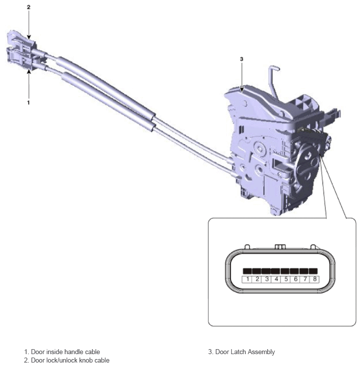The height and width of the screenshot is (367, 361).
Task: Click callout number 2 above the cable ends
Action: point(29,7)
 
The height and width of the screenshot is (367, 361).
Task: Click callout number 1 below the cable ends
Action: point(28,103)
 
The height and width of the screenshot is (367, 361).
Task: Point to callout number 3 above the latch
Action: point(241,59)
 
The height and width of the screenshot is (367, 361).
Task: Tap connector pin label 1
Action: point(247,279)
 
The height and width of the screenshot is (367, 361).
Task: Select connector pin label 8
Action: point(315,279)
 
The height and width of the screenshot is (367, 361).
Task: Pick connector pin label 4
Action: point(276,279)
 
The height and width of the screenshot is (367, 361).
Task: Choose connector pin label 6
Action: point(296,279)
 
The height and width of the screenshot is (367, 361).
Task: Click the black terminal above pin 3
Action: point(266,271)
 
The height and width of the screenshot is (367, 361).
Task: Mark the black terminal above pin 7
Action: point(304,271)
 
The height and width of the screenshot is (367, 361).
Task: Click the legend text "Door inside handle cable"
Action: point(65,352)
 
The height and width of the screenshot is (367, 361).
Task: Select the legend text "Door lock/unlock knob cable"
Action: point(70,360)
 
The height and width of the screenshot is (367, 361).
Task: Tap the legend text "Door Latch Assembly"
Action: point(245,352)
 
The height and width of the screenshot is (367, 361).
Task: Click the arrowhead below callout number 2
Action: point(29,37)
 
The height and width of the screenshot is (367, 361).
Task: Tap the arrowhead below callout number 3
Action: point(241,89)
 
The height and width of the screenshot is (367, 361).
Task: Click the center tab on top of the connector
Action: point(280,247)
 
